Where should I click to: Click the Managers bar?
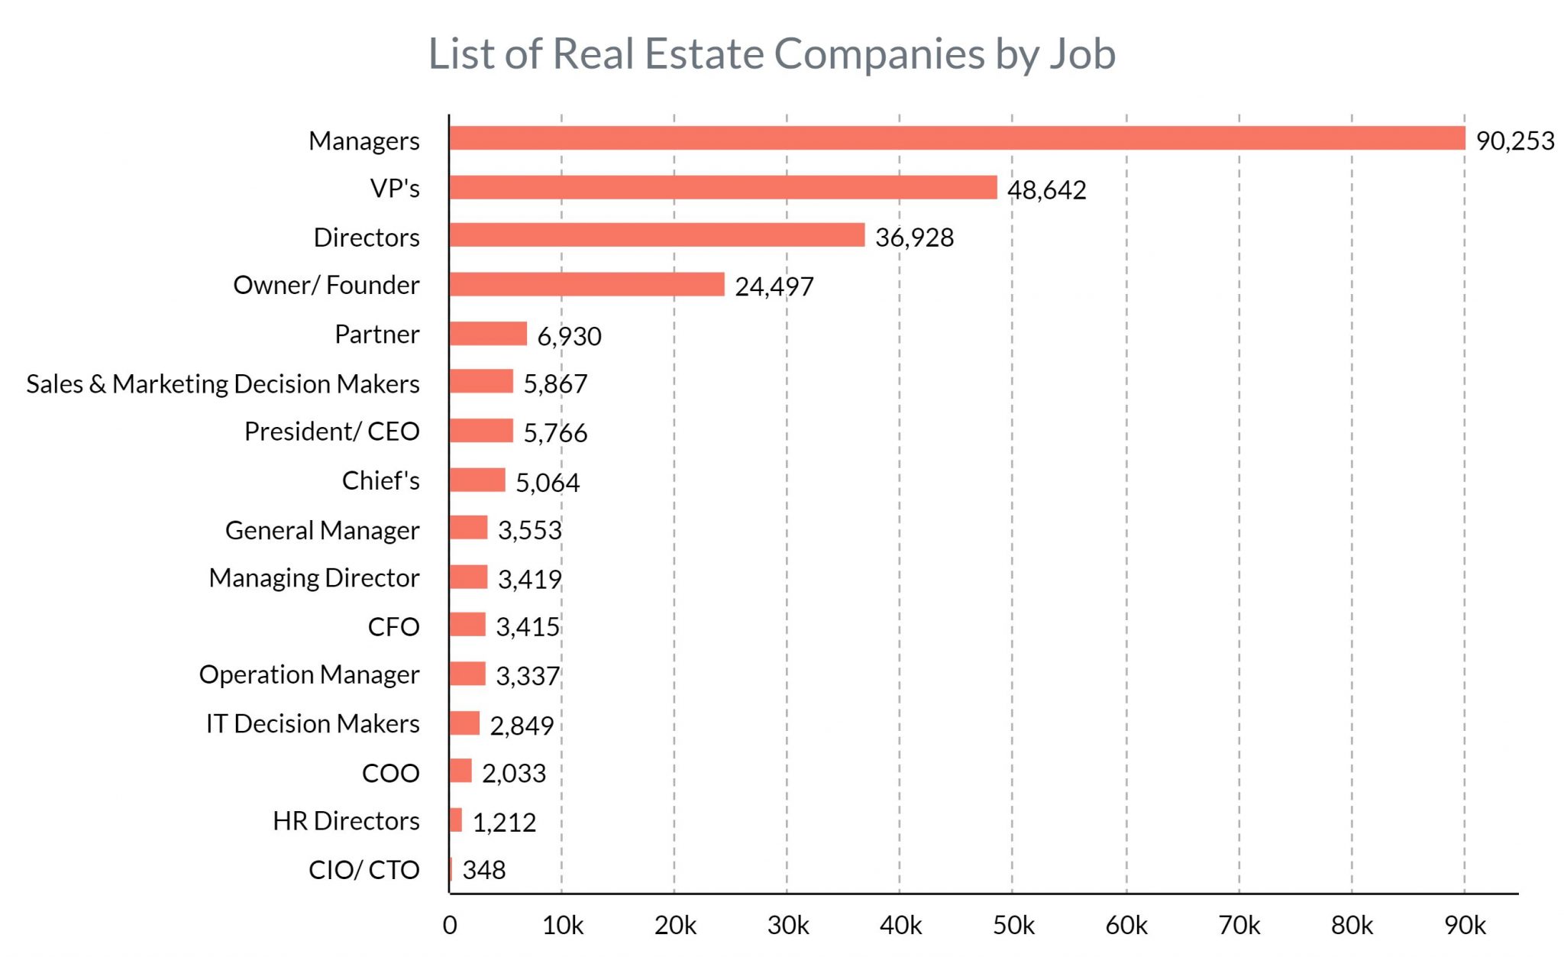pos(957,138)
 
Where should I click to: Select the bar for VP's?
pos(723,187)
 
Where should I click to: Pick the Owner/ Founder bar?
pos(586,284)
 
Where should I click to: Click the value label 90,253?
pos(1514,141)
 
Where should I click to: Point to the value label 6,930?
pos(569,336)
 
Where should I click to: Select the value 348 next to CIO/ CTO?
pos(483,870)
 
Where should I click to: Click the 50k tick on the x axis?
pos(1013,926)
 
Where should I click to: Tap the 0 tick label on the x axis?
pos(450,926)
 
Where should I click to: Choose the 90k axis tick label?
pos(1464,926)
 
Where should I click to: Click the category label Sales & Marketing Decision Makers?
pos(222,383)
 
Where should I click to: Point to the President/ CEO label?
pos(331,432)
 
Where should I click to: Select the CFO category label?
pos(393,627)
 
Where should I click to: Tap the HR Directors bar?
pos(456,820)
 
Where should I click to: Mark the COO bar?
pos(460,771)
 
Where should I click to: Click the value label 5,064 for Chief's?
pos(547,483)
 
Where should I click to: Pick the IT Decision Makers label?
pos(312,723)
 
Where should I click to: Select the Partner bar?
pos(488,334)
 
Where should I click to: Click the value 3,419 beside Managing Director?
pos(529,580)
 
